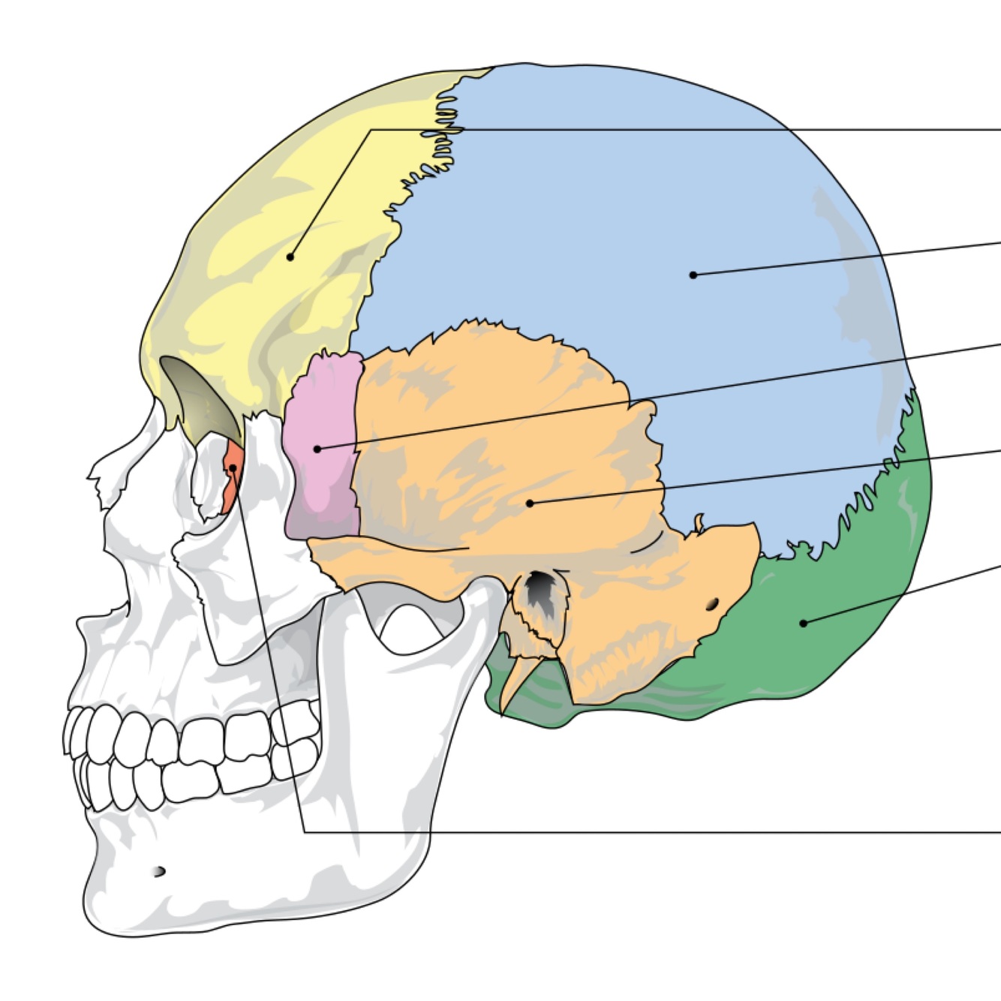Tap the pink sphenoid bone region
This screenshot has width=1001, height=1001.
pyautogui.click(x=323, y=480)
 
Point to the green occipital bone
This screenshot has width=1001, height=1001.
pyautogui.click(x=848, y=615)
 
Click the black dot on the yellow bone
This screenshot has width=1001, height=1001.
pyautogui.click(x=290, y=257)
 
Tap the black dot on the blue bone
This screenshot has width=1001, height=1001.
pyautogui.click(x=693, y=275)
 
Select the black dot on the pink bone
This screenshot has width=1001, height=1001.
pyautogui.click(x=317, y=449)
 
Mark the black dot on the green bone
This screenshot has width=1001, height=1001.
pyautogui.click(x=803, y=623)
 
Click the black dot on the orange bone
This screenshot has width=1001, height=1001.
pyautogui.click(x=530, y=503)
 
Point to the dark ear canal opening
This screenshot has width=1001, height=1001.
pyautogui.click(x=540, y=589)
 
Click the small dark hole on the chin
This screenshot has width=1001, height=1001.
pyautogui.click(x=158, y=871)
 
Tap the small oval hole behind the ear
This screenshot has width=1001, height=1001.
pyautogui.click(x=712, y=603)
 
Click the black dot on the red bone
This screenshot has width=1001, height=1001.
pyautogui.click(x=233, y=467)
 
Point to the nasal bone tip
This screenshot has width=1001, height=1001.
pyautogui.click(x=96, y=480)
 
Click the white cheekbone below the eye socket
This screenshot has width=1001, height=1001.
pyautogui.click(x=225, y=570)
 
